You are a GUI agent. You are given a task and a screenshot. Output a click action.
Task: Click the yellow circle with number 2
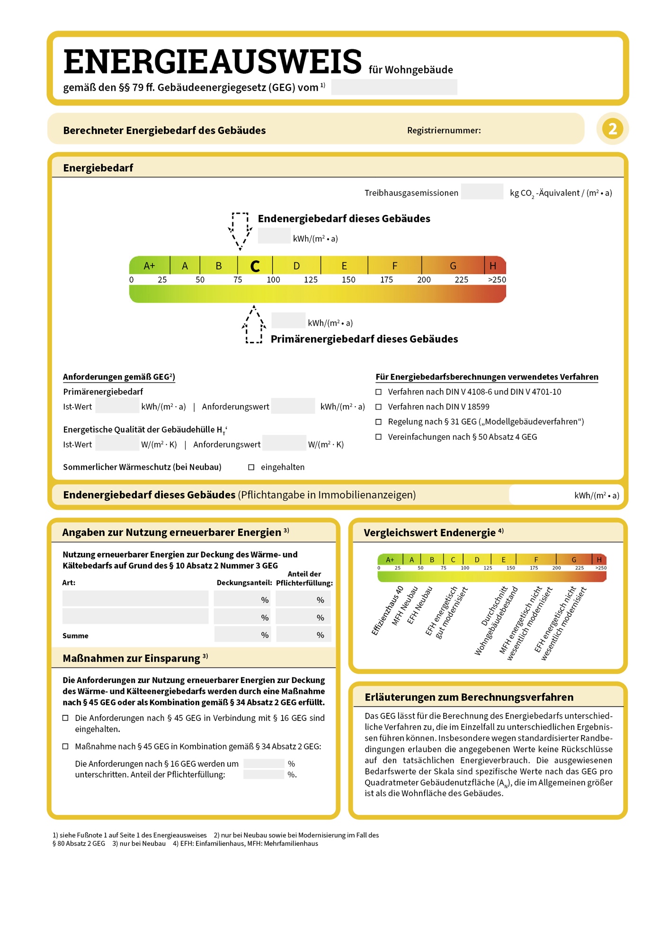612,129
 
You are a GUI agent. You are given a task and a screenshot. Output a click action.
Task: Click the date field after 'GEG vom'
394,87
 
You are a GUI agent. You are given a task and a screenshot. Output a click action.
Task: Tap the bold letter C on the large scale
255,267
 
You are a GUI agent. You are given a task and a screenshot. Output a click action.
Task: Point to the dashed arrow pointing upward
254,325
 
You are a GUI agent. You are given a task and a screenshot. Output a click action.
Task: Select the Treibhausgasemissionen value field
482,192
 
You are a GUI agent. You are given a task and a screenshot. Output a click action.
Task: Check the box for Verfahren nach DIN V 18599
378,407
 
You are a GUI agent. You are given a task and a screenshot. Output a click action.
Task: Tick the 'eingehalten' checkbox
251,467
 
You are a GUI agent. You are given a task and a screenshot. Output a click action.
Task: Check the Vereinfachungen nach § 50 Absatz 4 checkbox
378,437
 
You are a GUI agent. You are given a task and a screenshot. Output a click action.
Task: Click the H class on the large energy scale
493,266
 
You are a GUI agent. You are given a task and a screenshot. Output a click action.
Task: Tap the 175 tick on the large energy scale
386,280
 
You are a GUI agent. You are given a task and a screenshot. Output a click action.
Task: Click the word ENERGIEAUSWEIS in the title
212,62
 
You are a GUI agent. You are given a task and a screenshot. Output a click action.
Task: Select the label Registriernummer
444,131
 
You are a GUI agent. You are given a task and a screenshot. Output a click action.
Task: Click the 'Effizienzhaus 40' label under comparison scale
387,611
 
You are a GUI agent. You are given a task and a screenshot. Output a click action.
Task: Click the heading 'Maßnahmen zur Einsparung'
132,658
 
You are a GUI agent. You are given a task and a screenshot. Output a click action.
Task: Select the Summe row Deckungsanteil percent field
242,635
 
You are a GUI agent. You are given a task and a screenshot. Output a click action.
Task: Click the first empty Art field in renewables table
135,599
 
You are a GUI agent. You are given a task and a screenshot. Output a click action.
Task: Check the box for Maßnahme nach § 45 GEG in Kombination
66,746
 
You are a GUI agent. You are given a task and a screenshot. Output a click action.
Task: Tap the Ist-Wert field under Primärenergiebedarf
117,406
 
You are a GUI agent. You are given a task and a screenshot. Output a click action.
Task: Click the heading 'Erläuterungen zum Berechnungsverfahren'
469,697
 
